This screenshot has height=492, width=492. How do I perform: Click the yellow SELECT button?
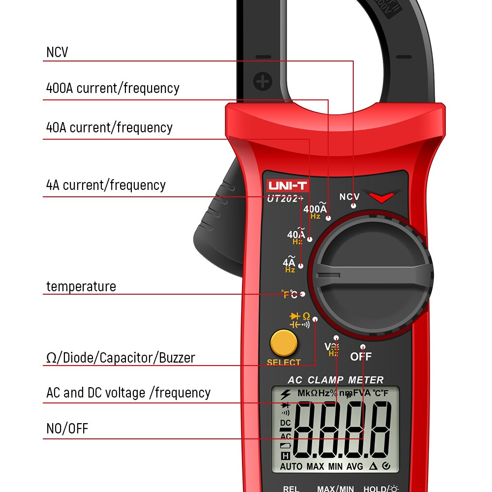[x=283, y=343]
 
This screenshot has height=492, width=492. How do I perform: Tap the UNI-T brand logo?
[x=287, y=186]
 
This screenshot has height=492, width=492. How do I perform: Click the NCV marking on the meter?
[x=349, y=197]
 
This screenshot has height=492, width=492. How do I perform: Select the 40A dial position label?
[x=296, y=235]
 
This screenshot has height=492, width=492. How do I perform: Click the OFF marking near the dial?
[x=361, y=357]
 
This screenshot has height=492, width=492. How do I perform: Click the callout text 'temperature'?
[x=81, y=286]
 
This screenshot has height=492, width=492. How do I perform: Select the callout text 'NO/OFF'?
[x=67, y=429]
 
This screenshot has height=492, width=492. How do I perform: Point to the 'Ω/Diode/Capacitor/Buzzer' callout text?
[x=121, y=358]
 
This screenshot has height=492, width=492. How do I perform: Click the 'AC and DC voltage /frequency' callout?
[x=128, y=393]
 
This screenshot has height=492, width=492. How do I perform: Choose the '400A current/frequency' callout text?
[x=113, y=88]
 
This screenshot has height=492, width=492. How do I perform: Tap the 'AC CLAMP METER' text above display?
[x=336, y=380]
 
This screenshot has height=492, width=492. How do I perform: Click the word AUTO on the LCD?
[x=291, y=465]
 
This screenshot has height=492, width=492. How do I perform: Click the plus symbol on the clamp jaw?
[x=263, y=81]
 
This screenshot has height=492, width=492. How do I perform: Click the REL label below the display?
[x=291, y=489]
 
